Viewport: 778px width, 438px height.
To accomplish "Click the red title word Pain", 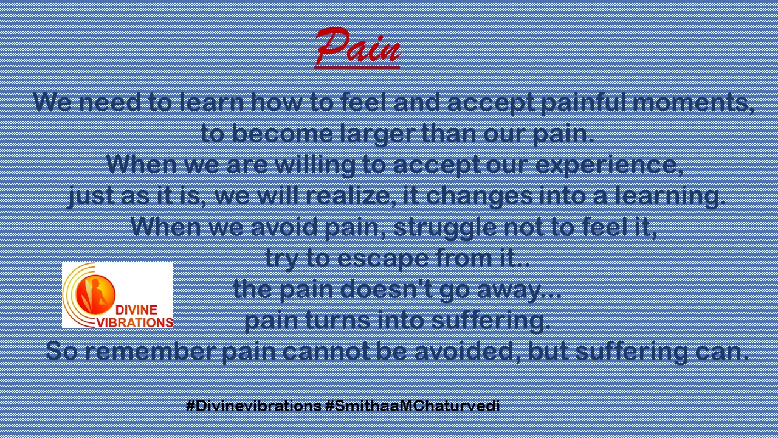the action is pos(358,47).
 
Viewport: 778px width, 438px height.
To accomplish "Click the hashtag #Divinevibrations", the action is pos(253,406).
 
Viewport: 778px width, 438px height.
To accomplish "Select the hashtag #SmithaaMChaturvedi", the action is pos(413,406).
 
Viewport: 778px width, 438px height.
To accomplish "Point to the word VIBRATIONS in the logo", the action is pos(134,322).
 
